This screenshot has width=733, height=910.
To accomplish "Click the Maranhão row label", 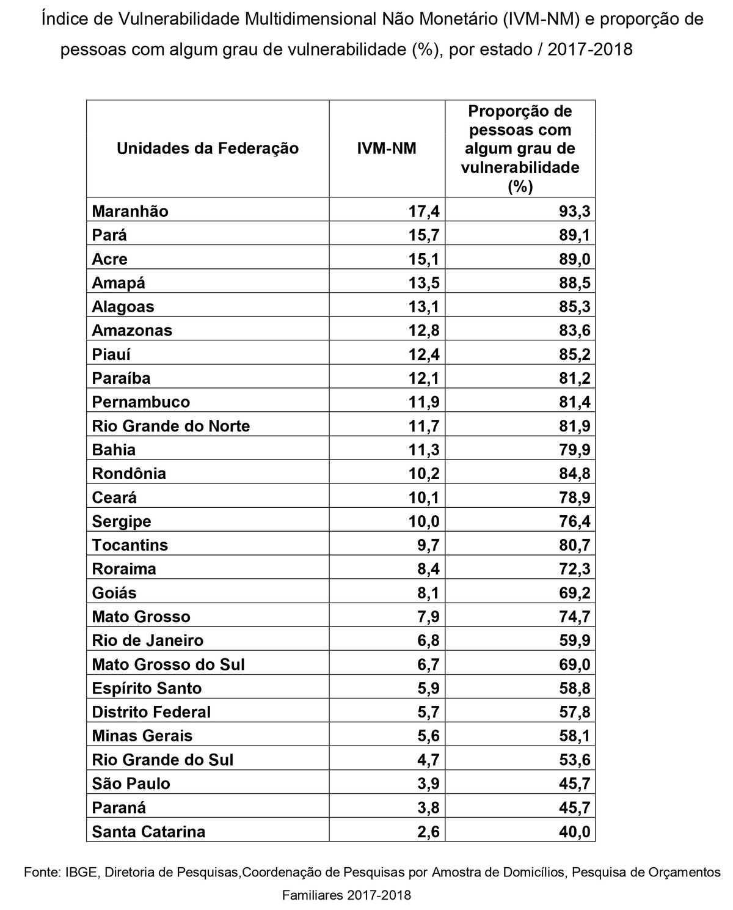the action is click(130, 211).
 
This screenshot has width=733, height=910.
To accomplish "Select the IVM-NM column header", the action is click(386, 149).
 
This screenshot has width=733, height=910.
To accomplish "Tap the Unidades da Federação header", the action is click(208, 149).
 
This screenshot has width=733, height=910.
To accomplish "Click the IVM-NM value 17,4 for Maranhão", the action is click(424, 211).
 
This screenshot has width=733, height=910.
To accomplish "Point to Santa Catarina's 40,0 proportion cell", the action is click(575, 832).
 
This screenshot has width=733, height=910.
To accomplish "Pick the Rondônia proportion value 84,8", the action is click(575, 474).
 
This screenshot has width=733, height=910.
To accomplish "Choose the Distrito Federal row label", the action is click(151, 712).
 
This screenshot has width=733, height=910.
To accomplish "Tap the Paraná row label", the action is click(119, 808).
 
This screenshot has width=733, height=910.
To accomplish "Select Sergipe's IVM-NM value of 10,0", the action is click(424, 521).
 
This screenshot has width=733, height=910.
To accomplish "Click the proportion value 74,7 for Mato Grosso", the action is click(575, 617).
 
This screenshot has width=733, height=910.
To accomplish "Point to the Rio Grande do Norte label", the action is click(171, 426).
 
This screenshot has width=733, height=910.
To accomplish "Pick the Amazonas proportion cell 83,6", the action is click(575, 331).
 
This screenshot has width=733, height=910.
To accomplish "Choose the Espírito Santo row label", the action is click(147, 688).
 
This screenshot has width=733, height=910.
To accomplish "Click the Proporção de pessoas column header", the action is click(520, 149).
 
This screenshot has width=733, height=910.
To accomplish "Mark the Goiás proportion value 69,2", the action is click(575, 593).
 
